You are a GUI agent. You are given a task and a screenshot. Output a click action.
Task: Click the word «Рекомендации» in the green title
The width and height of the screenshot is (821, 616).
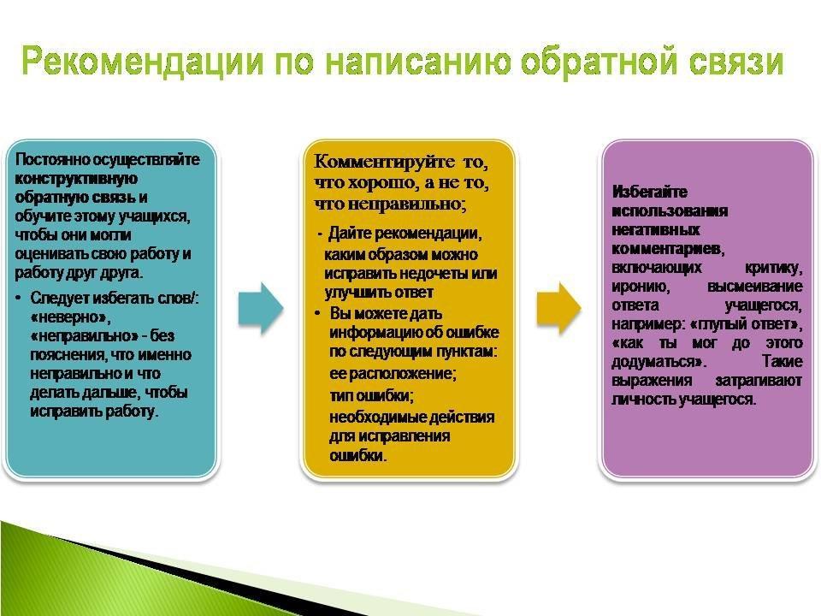pyautogui.click(x=143, y=61)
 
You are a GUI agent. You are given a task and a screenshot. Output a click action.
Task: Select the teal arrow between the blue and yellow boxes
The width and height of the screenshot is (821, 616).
pyautogui.click(x=261, y=309)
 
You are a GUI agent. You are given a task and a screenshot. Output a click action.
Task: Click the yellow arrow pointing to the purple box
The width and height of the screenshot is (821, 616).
pyautogui.click(x=558, y=309)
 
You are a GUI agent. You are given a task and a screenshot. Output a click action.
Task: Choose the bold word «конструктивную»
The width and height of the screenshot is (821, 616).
pyautogui.click(x=76, y=178)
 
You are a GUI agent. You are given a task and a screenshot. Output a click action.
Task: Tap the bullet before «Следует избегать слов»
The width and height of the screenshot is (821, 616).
pyautogui.click(x=19, y=298)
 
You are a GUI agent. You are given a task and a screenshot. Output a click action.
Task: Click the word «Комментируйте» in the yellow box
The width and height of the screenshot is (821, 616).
pyautogui.click(x=384, y=162)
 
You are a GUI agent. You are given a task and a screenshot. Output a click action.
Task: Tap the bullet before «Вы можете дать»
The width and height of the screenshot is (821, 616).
pyautogui.click(x=317, y=313)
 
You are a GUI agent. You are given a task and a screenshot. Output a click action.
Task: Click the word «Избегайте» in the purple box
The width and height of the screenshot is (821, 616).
pyautogui.click(x=649, y=192)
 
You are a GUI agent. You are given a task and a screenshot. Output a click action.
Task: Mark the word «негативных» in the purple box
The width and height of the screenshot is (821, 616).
pyautogui.click(x=656, y=230)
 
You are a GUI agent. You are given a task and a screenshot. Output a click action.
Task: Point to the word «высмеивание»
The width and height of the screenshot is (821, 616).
pyautogui.click(x=754, y=287)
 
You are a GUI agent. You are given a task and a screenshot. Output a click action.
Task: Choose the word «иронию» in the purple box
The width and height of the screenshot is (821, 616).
pyautogui.click(x=641, y=287)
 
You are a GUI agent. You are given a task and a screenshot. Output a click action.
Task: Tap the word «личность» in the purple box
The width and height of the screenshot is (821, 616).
pyautogui.click(x=643, y=400)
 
